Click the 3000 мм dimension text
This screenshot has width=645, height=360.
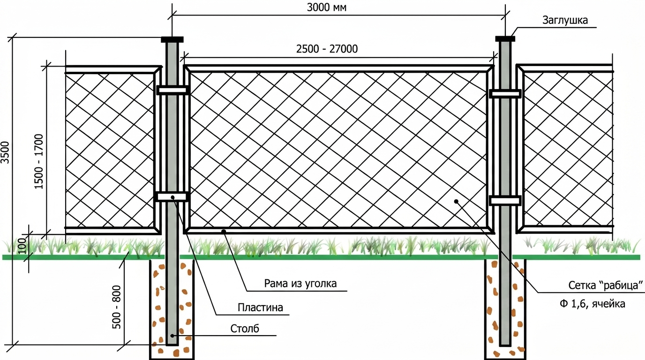pos(327,7)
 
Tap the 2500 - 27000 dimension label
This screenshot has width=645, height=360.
pos(327,49)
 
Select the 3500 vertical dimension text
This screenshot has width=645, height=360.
pos(6,152)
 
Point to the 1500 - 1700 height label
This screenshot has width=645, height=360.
pos(38,162)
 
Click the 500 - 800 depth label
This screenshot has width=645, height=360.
pos(116,307)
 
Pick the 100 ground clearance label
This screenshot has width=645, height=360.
pos(23,246)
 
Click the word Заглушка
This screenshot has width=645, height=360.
pos(565,21)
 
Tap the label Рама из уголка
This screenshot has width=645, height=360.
pos(300,284)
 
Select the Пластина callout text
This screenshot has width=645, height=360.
pos(260,307)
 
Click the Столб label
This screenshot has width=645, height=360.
pos(245,328)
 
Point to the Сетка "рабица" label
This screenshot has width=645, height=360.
pos(606,285)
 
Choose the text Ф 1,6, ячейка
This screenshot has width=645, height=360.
pos(592,304)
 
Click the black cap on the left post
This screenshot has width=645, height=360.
pos(172,39)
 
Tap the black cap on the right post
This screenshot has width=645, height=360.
pos(505,38)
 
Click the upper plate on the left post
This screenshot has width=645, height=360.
pos(172,90)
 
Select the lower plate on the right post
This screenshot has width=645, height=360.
pos(505,201)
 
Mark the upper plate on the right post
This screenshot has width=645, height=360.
pos(505,94)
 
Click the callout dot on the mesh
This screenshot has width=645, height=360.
pos(456,201)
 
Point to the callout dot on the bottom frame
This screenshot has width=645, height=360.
pos(224,231)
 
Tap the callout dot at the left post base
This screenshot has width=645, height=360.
pos(172,336)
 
